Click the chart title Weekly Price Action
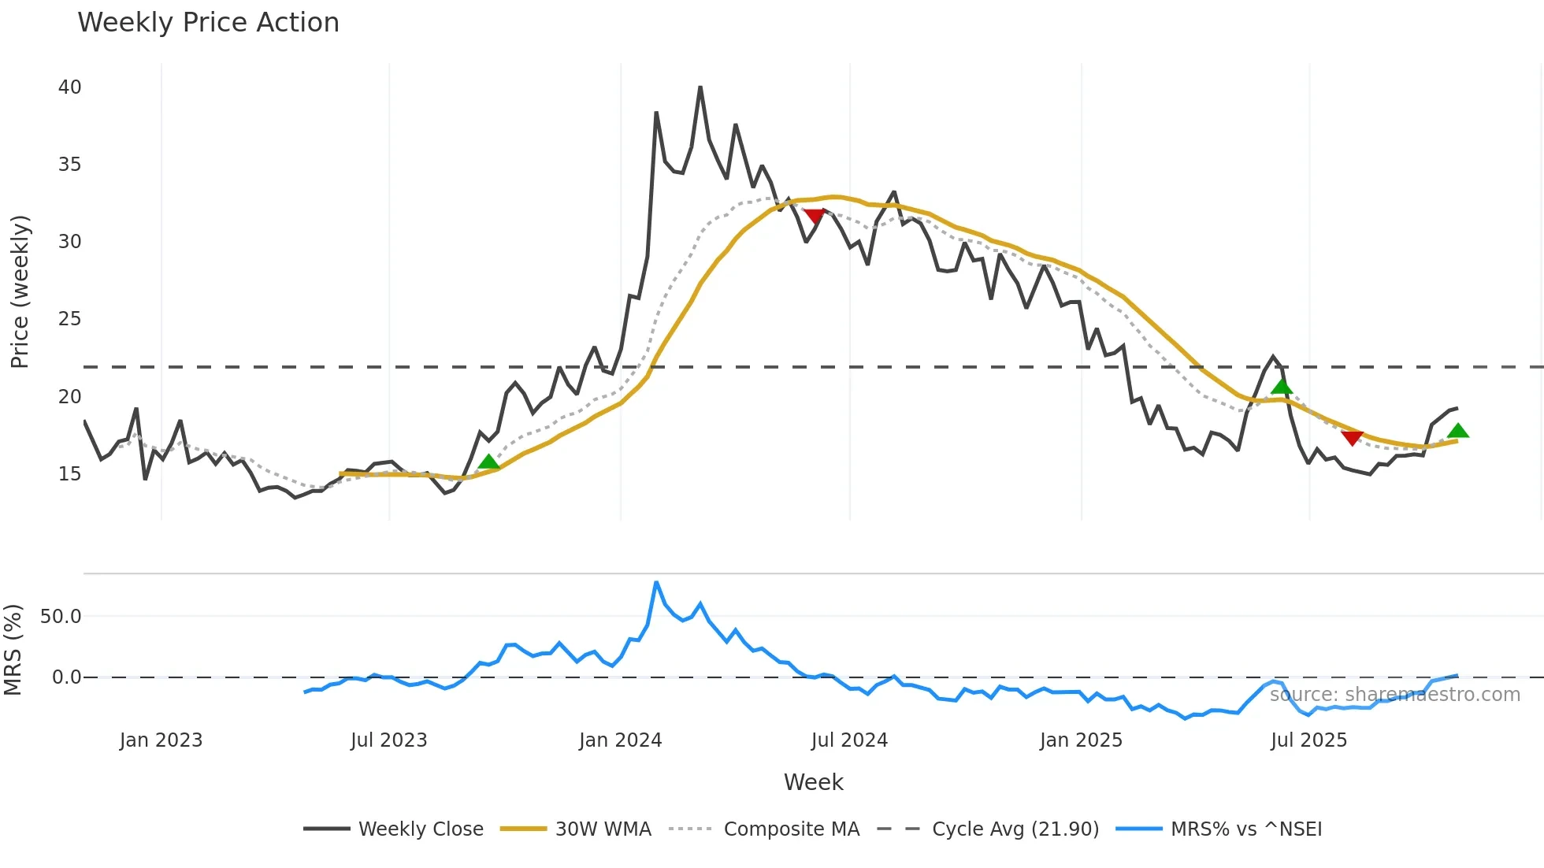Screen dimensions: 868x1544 pos(208,23)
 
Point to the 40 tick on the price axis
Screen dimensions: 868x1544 pos(69,87)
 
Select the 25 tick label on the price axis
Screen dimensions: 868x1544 pos(69,319)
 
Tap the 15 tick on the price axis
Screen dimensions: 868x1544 pos(69,473)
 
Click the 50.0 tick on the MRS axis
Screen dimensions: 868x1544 pos(61,617)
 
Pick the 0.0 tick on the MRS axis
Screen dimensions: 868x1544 pos(66,677)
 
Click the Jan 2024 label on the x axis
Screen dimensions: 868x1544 pos(620,740)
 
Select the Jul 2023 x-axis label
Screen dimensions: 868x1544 pos(388,740)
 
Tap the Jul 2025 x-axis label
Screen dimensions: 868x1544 pos(1308,740)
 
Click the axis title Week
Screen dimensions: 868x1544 pos(813,782)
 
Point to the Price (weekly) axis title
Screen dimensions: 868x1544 pos(20,291)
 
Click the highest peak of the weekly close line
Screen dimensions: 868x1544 pos(700,87)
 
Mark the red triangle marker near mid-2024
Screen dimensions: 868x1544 pos(814,216)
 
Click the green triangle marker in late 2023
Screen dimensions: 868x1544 pos(488,462)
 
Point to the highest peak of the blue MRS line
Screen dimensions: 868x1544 pos(656,583)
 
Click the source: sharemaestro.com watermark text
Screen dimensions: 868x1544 pos(1394,695)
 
